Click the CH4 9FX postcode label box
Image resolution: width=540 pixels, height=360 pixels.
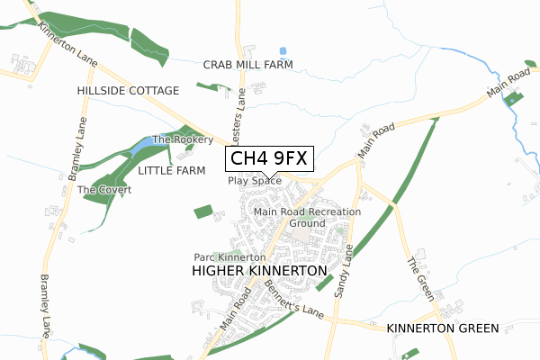[269, 159]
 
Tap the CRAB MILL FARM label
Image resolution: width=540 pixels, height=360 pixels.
[248, 65]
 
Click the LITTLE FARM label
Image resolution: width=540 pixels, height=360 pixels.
[172, 170]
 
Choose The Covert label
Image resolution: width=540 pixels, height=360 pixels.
[104, 190]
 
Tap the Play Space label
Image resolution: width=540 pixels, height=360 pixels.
[255, 181]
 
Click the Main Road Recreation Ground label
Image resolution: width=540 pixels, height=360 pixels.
[307, 217]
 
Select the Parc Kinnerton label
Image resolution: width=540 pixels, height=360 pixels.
[229, 257]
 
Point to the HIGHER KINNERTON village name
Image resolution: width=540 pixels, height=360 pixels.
[259, 270]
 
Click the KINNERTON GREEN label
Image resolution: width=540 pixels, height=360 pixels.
[442, 328]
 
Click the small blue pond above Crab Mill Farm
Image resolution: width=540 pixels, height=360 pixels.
[283, 51]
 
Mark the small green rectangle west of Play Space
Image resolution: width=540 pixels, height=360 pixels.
[203, 211]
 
